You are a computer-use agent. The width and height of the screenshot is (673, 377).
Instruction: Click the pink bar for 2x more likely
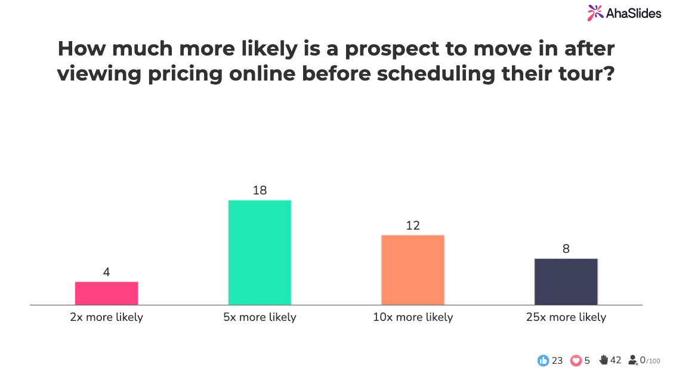coord(106,293)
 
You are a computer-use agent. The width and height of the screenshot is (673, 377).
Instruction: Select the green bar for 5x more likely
coord(260,252)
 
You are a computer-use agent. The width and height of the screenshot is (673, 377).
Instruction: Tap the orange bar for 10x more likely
coord(413,270)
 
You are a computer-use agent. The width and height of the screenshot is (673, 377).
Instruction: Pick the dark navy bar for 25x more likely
coord(566,282)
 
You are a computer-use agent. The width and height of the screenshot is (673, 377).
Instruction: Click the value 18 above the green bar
coord(260,190)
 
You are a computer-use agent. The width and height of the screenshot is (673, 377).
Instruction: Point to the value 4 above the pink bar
coord(106,272)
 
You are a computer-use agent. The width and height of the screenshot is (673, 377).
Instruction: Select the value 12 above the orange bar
coord(413,225)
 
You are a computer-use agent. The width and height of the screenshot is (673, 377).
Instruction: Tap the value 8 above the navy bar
coord(566,249)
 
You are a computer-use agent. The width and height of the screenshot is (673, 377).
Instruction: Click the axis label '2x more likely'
coord(106,317)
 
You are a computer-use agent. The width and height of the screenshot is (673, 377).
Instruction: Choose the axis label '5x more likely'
coord(260,317)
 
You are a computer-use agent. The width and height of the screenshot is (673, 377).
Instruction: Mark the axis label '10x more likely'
coord(413,317)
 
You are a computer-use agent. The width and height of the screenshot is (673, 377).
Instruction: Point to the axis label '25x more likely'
coord(566,317)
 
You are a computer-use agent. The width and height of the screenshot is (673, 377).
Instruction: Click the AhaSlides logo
coord(624,13)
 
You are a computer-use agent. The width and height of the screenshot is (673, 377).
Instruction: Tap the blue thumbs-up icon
coord(543,360)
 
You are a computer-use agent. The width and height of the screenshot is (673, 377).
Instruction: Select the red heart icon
coord(576,360)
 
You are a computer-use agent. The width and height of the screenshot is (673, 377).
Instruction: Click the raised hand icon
coord(603,360)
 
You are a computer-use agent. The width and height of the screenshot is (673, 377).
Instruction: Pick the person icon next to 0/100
coord(633,360)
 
